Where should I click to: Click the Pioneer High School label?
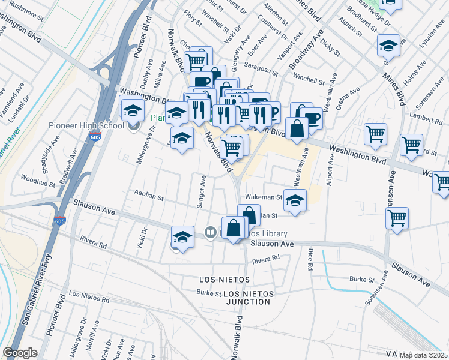point(86,126)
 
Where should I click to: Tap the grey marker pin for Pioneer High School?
point(133,125)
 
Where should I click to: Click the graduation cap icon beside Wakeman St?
point(295,200)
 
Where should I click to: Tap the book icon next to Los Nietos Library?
point(210,232)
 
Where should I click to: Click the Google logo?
point(20,353)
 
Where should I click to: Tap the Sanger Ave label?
point(202,193)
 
